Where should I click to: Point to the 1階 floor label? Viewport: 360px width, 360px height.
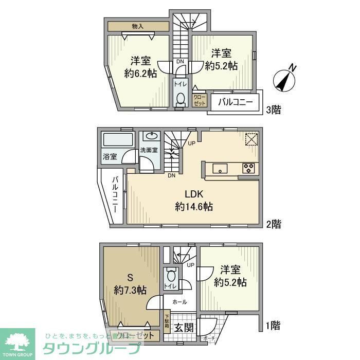tap(274, 325)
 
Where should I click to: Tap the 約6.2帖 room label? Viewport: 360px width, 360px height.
tap(140, 66)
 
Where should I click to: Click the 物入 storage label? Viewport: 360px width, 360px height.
tap(138, 26)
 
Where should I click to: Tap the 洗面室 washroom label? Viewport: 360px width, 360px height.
tap(149, 150)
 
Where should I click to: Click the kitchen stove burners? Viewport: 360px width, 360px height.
tap(249, 168)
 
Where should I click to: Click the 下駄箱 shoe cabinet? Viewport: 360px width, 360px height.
tap(167, 322)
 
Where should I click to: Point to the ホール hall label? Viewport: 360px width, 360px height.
tap(179, 302)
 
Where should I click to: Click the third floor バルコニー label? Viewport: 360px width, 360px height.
tap(236, 102)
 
